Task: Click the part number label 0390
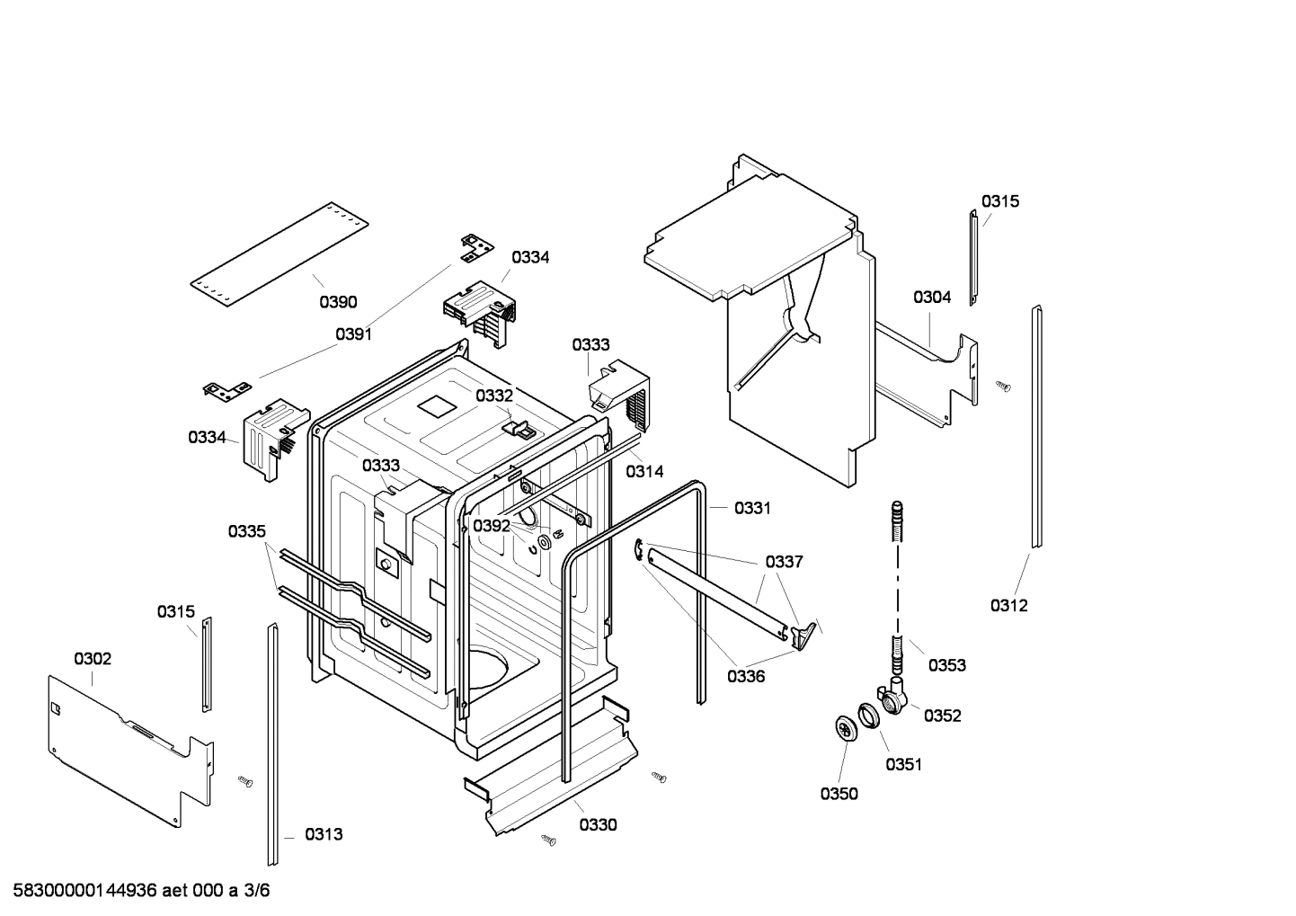tap(338, 302)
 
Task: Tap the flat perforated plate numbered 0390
tap(279, 254)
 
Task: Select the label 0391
tap(353, 334)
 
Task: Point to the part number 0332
tap(494, 396)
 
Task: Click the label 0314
tap(644, 471)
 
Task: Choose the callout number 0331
tap(752, 508)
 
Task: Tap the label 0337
tap(784, 562)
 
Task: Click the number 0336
tap(746, 676)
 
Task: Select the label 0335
tap(246, 531)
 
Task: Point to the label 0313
tap(324, 834)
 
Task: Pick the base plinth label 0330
tap(598, 824)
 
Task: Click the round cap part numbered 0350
tap(844, 727)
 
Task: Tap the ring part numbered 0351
tap(867, 715)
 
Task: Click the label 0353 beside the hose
tap(946, 665)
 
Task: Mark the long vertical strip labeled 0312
tap(1036, 427)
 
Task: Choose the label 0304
tap(932, 298)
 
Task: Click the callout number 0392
tap(492, 526)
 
